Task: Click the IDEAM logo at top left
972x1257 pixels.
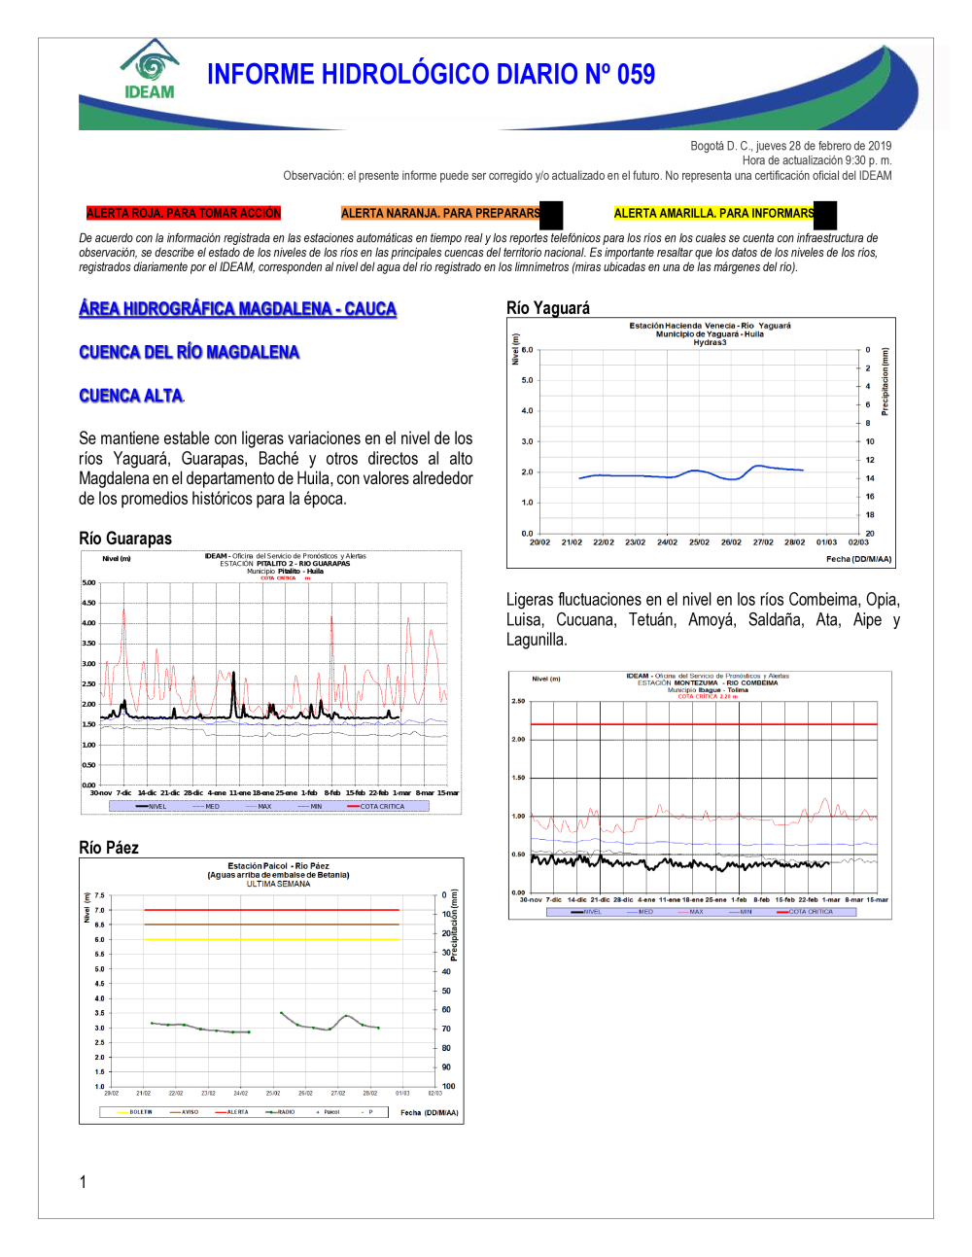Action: click(x=150, y=70)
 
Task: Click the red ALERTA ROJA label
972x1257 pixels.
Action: click(x=183, y=213)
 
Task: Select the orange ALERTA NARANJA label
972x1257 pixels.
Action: click(x=440, y=213)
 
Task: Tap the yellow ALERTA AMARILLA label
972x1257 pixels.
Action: click(x=713, y=213)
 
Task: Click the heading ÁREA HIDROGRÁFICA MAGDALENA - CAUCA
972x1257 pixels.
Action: click(x=238, y=309)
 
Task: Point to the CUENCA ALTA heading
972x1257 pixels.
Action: click(x=131, y=396)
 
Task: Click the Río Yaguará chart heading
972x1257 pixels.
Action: click(x=548, y=308)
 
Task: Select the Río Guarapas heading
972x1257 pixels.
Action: click(x=125, y=539)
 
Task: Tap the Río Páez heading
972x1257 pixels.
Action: click(x=109, y=848)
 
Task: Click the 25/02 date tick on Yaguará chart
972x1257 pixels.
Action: click(x=699, y=542)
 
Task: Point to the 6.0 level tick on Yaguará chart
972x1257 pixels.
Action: click(x=528, y=350)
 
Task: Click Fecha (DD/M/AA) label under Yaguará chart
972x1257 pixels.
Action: click(x=858, y=559)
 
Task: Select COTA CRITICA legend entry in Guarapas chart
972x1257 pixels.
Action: click(x=381, y=807)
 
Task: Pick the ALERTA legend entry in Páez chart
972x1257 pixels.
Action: click(x=236, y=1112)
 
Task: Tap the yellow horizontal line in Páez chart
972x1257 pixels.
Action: click(x=272, y=939)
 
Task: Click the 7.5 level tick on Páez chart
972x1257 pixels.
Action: click(x=99, y=895)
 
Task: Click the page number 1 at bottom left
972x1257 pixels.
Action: click(x=83, y=1182)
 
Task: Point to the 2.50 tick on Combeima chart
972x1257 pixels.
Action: click(x=518, y=701)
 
